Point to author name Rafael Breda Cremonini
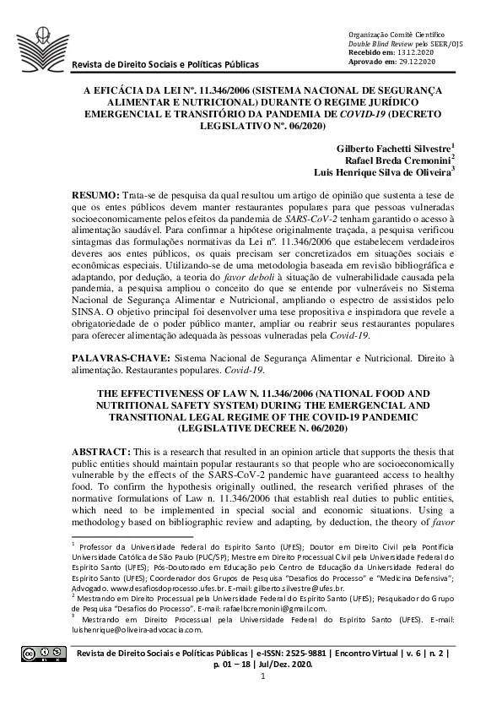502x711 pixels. point(404,159)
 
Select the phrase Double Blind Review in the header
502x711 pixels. point(380,42)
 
